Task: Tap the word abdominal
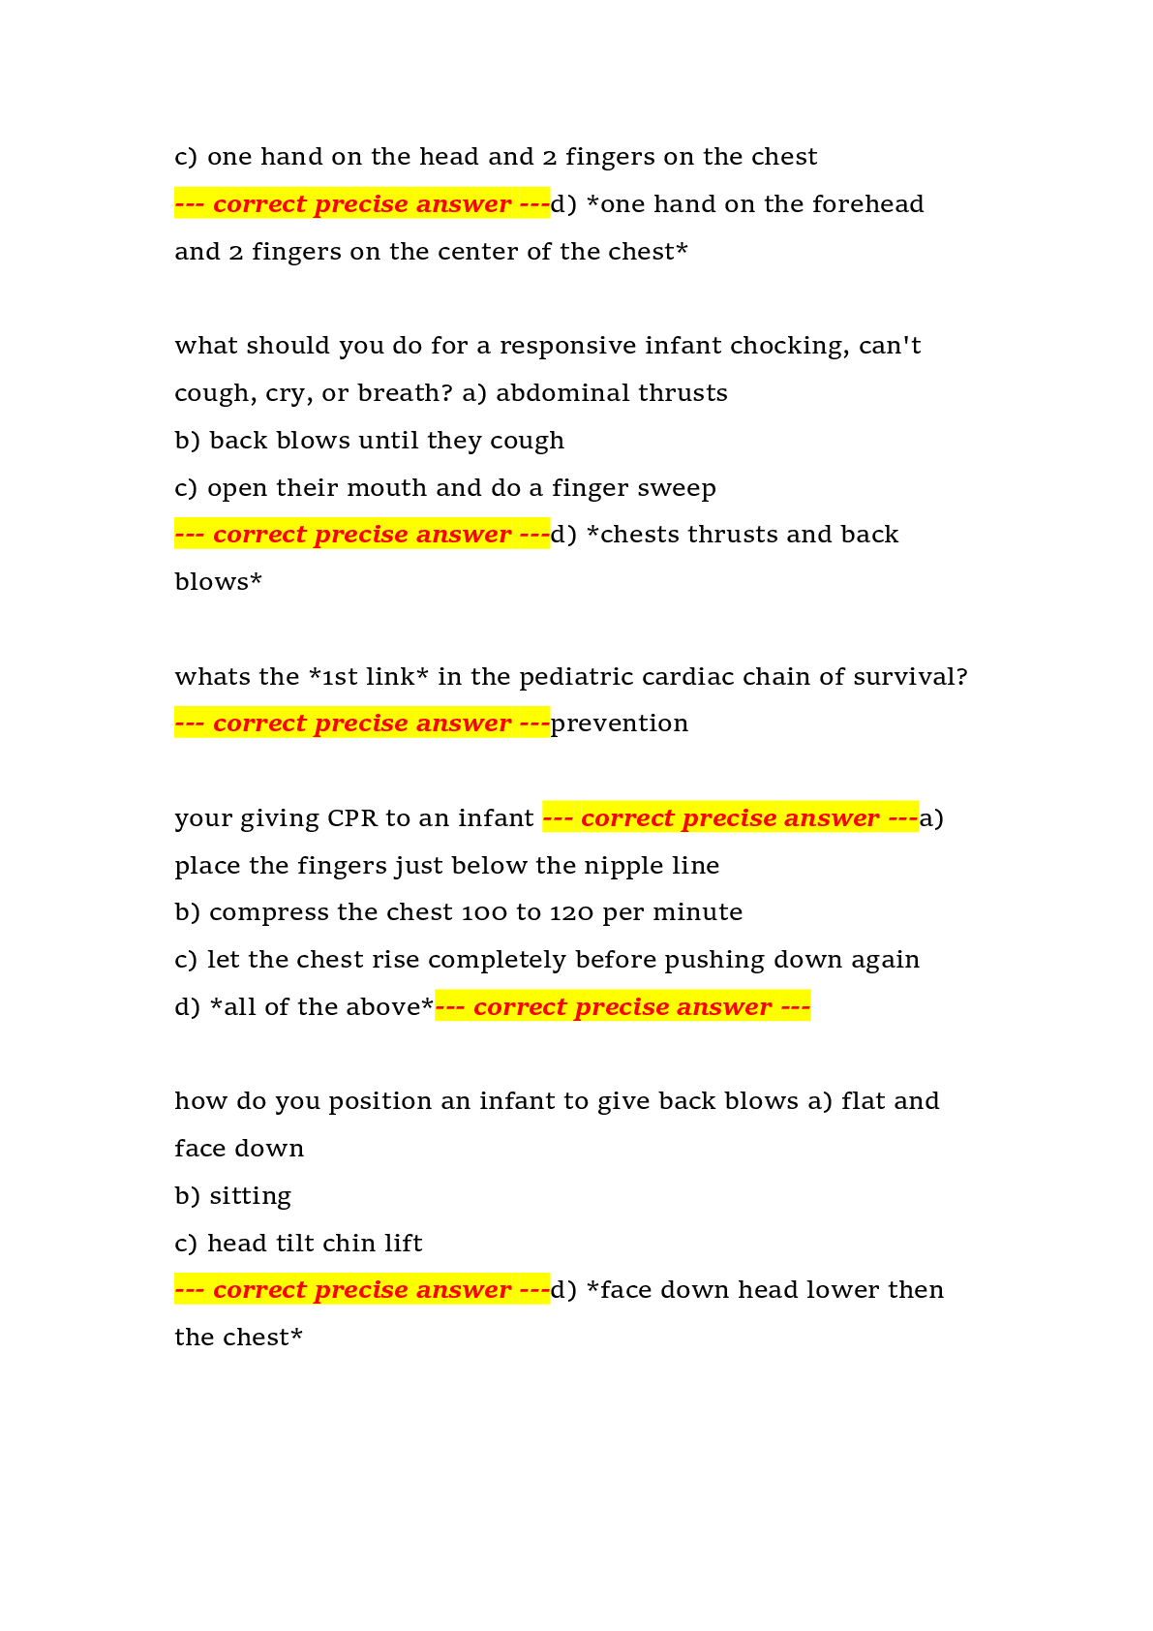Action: [x=560, y=392]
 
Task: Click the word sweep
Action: [x=680, y=488]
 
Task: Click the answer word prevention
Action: [x=620, y=723]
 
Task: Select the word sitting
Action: [x=250, y=1196]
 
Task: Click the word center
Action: [x=475, y=252]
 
